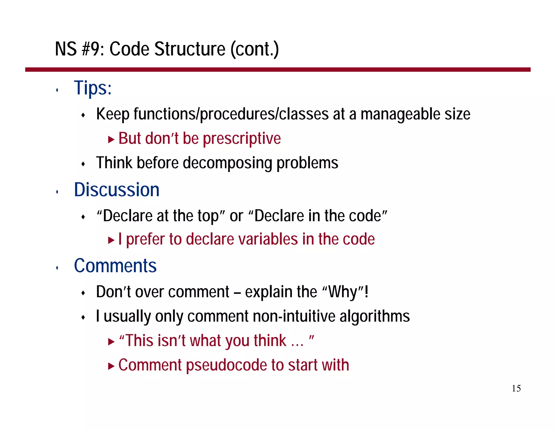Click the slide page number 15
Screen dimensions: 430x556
point(516,388)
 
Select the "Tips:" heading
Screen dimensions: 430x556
point(93,88)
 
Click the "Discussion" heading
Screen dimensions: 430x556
point(116,189)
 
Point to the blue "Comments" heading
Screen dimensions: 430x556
point(115,266)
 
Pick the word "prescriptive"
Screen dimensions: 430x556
point(242,139)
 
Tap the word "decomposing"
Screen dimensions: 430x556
point(227,163)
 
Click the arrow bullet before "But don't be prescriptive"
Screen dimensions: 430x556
point(111,140)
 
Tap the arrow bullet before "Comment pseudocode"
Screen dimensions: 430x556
point(111,366)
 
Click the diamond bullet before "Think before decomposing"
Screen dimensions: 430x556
point(83,164)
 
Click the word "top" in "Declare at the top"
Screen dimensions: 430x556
point(208,216)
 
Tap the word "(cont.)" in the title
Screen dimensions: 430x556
point(255,49)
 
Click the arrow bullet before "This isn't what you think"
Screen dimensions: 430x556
point(111,342)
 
